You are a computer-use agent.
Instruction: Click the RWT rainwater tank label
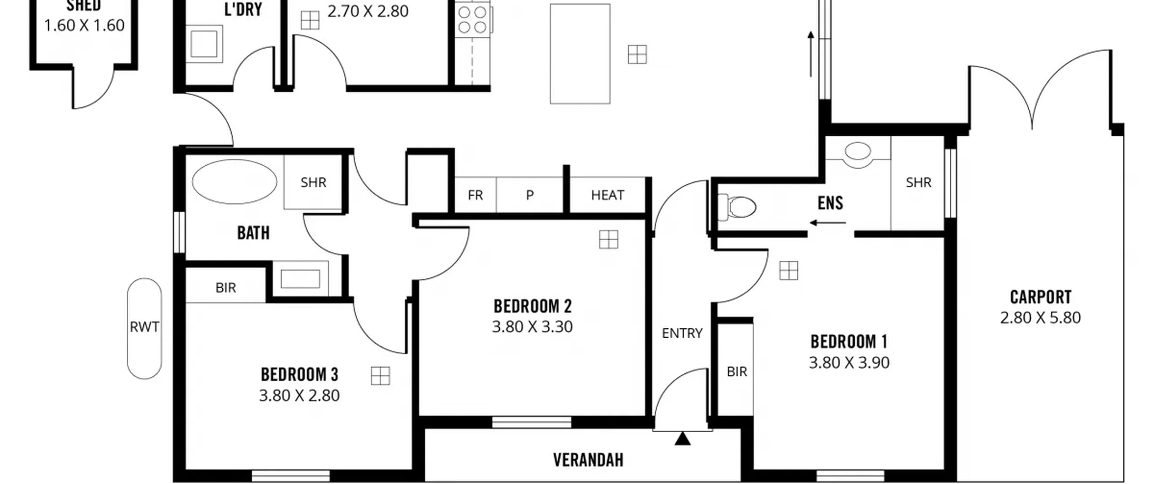click(x=144, y=326)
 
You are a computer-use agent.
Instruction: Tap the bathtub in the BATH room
click(x=234, y=181)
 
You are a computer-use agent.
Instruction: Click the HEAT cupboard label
click(x=608, y=195)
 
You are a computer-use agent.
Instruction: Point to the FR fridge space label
click(x=475, y=195)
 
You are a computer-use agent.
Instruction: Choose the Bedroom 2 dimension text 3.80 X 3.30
click(x=532, y=326)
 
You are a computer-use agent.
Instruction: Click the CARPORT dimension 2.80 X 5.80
click(x=1040, y=318)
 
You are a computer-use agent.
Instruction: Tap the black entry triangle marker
click(x=682, y=439)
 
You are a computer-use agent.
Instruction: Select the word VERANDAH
click(x=588, y=460)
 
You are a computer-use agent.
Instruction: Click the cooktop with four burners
click(x=472, y=19)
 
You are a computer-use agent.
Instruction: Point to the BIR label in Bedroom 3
click(x=225, y=288)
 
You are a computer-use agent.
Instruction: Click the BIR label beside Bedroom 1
click(x=737, y=371)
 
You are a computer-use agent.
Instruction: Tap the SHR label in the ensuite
click(x=918, y=182)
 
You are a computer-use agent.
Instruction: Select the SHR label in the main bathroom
click(x=313, y=182)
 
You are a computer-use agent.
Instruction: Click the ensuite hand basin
click(x=858, y=152)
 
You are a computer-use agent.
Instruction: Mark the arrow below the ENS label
click(x=828, y=222)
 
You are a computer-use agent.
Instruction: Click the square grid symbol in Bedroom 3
click(x=380, y=376)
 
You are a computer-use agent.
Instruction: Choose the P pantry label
click(x=530, y=195)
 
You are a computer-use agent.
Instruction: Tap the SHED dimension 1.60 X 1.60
click(x=84, y=25)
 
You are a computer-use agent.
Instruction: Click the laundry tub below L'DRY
click(x=204, y=44)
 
